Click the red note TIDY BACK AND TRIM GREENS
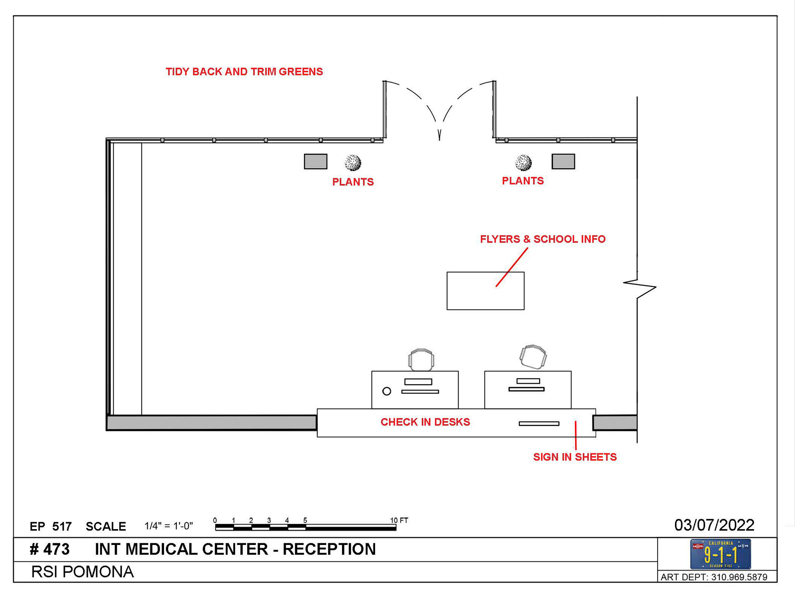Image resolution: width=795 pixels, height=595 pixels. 244,72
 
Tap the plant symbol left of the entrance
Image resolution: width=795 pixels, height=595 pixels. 353,163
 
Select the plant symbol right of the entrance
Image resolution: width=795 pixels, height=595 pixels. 523,163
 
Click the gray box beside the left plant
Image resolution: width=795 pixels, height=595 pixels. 316,161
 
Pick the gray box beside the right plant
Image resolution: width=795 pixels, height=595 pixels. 563,161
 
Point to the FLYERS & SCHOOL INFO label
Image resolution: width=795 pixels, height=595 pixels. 542,239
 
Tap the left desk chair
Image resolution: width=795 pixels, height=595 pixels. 421,359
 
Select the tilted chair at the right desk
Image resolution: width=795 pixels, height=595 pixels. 533,356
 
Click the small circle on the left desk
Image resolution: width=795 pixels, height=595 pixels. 387,391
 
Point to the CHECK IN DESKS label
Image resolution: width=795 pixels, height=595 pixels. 425,422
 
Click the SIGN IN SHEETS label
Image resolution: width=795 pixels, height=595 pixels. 575,457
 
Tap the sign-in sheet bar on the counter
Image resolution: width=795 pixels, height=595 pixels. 539,424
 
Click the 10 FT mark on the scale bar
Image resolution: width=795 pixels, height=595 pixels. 398,520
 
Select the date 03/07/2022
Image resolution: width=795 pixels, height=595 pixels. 714,525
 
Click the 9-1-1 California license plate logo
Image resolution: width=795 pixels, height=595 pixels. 720,554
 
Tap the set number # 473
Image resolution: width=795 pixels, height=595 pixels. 50,549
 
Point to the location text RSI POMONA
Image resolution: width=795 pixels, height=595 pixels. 82,572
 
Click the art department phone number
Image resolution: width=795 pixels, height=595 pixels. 714,577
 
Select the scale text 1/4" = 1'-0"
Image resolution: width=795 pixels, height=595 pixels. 169,526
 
